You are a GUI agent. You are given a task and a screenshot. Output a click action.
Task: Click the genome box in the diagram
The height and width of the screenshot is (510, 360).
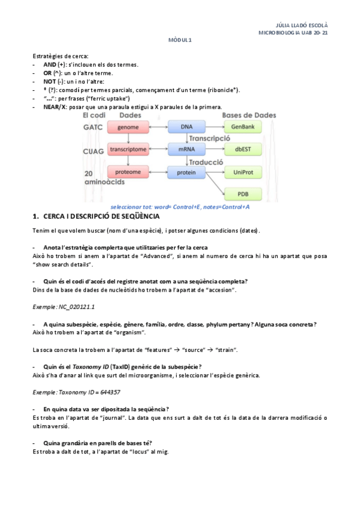(128, 127)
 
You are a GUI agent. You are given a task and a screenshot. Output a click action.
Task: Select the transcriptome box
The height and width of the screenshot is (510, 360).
(128, 150)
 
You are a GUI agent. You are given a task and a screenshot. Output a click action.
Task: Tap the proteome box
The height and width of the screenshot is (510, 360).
(128, 172)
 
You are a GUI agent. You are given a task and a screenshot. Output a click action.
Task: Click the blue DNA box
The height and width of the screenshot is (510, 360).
(186, 127)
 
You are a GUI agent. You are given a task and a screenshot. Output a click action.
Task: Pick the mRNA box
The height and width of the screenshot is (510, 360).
(186, 150)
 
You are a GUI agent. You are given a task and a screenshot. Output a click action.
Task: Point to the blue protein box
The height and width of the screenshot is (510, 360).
(186, 173)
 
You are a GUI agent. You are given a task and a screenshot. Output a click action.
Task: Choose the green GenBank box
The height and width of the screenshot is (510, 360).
(243, 127)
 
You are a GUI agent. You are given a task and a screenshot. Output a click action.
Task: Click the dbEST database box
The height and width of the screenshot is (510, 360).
(243, 150)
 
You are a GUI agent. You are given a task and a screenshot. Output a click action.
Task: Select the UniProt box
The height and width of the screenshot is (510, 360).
(243, 173)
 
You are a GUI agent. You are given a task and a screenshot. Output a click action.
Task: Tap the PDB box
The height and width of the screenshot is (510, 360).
(243, 194)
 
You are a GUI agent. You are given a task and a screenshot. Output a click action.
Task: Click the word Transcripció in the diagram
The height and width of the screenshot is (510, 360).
(210, 138)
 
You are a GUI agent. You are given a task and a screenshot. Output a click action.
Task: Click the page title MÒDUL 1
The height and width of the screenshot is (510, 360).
(179, 40)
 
